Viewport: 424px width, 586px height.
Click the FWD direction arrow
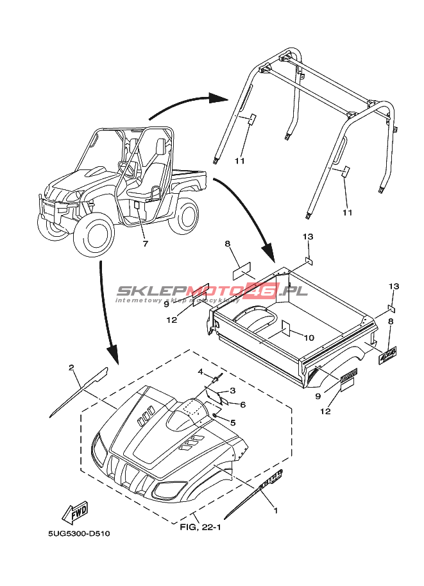[74, 512]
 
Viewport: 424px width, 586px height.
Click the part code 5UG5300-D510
[83, 533]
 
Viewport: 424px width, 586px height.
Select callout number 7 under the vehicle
[146, 243]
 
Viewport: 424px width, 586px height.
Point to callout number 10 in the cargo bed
[309, 337]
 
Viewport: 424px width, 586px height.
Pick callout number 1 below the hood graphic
[276, 511]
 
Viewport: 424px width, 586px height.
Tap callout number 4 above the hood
[200, 372]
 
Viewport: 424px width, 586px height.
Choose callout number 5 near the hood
[233, 422]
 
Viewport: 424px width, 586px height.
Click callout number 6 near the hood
[243, 404]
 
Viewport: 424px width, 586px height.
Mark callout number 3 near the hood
[233, 390]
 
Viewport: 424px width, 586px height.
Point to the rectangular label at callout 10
[287, 329]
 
